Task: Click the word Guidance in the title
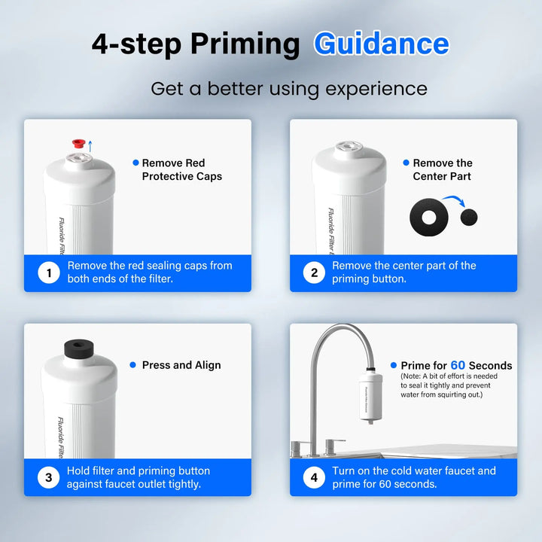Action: (x=381, y=44)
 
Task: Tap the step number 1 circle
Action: (x=49, y=273)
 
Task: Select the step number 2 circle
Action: (x=315, y=273)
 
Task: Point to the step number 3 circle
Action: (x=49, y=477)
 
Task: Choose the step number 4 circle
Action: (x=315, y=477)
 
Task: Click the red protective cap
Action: (x=77, y=143)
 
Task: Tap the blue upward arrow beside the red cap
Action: (x=90, y=145)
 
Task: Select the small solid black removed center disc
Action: (x=468, y=218)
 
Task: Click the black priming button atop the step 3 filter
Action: (x=80, y=350)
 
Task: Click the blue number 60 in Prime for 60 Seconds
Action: (x=458, y=366)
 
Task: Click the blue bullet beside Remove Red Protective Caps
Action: (x=135, y=163)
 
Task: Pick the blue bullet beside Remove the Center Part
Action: (x=406, y=163)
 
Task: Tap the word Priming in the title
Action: (x=245, y=44)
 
